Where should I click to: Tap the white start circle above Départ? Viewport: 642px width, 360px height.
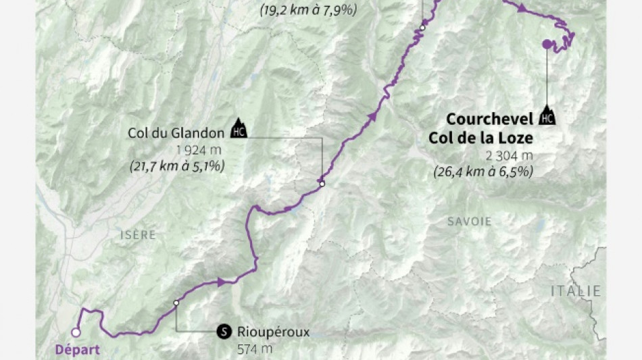[x=76, y=332]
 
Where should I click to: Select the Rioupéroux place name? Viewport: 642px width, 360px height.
[x=273, y=332]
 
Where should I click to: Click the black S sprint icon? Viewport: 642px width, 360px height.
[x=224, y=332]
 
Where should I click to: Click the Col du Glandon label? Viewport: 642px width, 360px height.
[x=176, y=132]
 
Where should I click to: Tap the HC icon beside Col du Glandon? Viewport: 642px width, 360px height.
[x=239, y=128]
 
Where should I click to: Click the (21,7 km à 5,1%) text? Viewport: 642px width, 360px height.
[x=176, y=165]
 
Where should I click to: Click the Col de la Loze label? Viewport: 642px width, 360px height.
[x=480, y=138]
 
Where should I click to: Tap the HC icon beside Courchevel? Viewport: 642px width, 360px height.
[x=547, y=116]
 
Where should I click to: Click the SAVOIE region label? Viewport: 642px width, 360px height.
[x=469, y=222]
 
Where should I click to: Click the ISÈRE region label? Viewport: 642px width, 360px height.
[x=137, y=235]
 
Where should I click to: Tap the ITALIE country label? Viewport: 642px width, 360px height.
[x=575, y=290]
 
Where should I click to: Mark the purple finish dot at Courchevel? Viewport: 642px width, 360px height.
[x=547, y=45]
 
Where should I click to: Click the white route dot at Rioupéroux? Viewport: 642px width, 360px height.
[x=176, y=303]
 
